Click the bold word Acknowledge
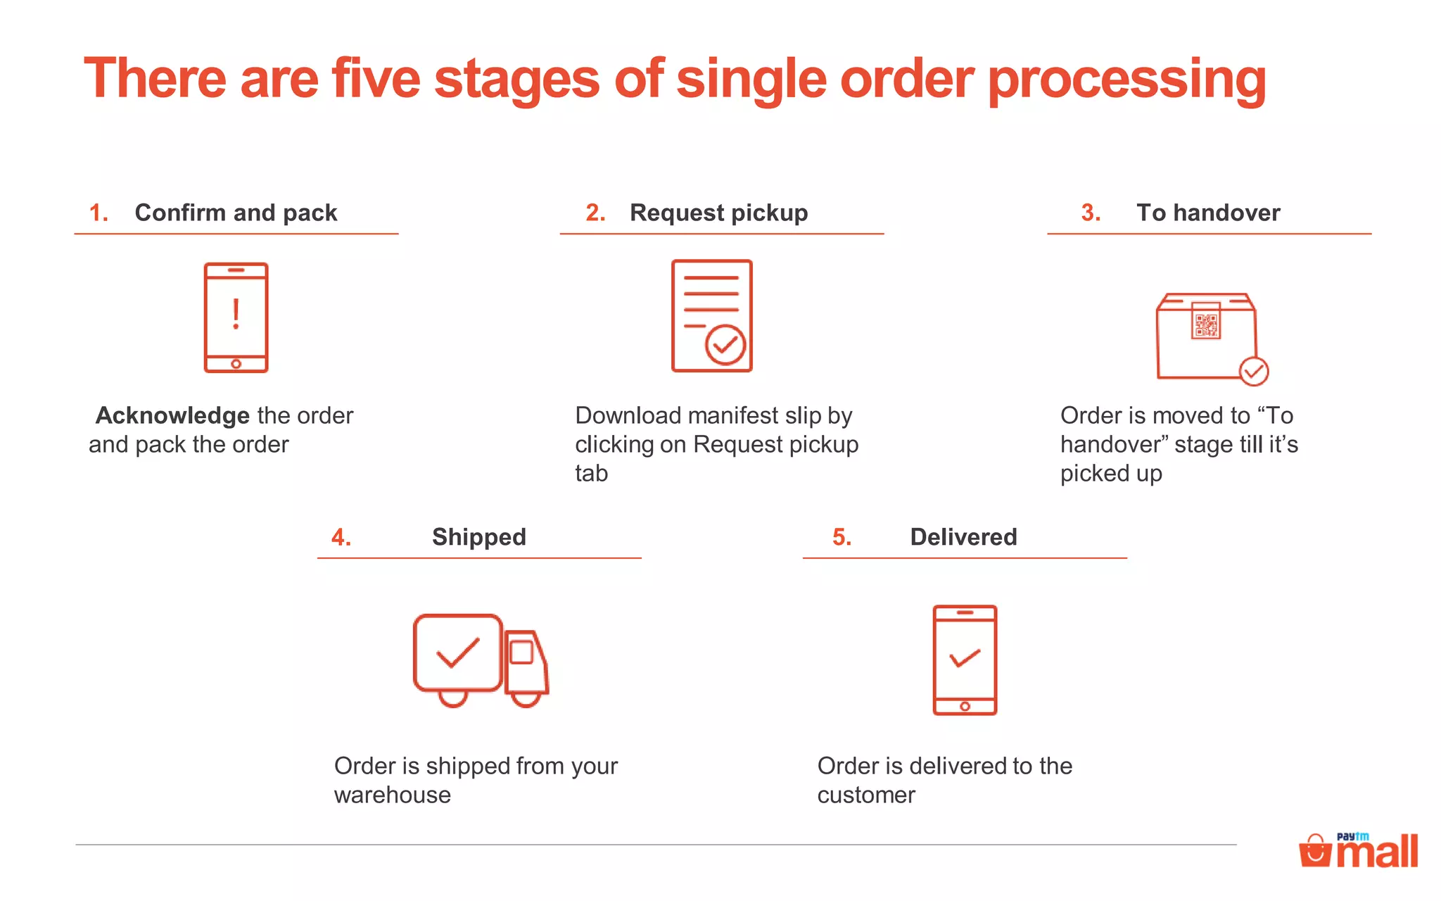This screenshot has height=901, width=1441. [x=172, y=415]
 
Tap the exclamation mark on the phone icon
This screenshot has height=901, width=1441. [x=236, y=314]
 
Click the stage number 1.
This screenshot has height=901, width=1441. [x=99, y=213]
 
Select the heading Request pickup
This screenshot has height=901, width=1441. [x=718, y=213]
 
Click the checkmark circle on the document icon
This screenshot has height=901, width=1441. [x=725, y=345]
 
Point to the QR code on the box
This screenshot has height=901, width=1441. [x=1206, y=324]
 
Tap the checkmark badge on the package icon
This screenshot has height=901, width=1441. [x=1253, y=371]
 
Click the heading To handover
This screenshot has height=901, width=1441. [x=1208, y=213]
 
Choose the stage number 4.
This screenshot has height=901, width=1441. [x=341, y=537]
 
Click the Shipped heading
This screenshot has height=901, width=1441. [x=478, y=537]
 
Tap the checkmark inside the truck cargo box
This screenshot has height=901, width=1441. [x=458, y=653]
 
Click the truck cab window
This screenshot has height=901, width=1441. [x=521, y=652]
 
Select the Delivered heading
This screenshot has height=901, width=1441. [x=963, y=537]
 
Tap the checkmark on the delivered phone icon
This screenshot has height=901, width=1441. [x=965, y=658]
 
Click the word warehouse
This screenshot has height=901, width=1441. [x=393, y=795]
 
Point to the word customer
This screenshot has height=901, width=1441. [x=866, y=795]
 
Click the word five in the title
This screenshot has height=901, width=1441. [x=376, y=79]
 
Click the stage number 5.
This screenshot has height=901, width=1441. [x=842, y=537]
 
